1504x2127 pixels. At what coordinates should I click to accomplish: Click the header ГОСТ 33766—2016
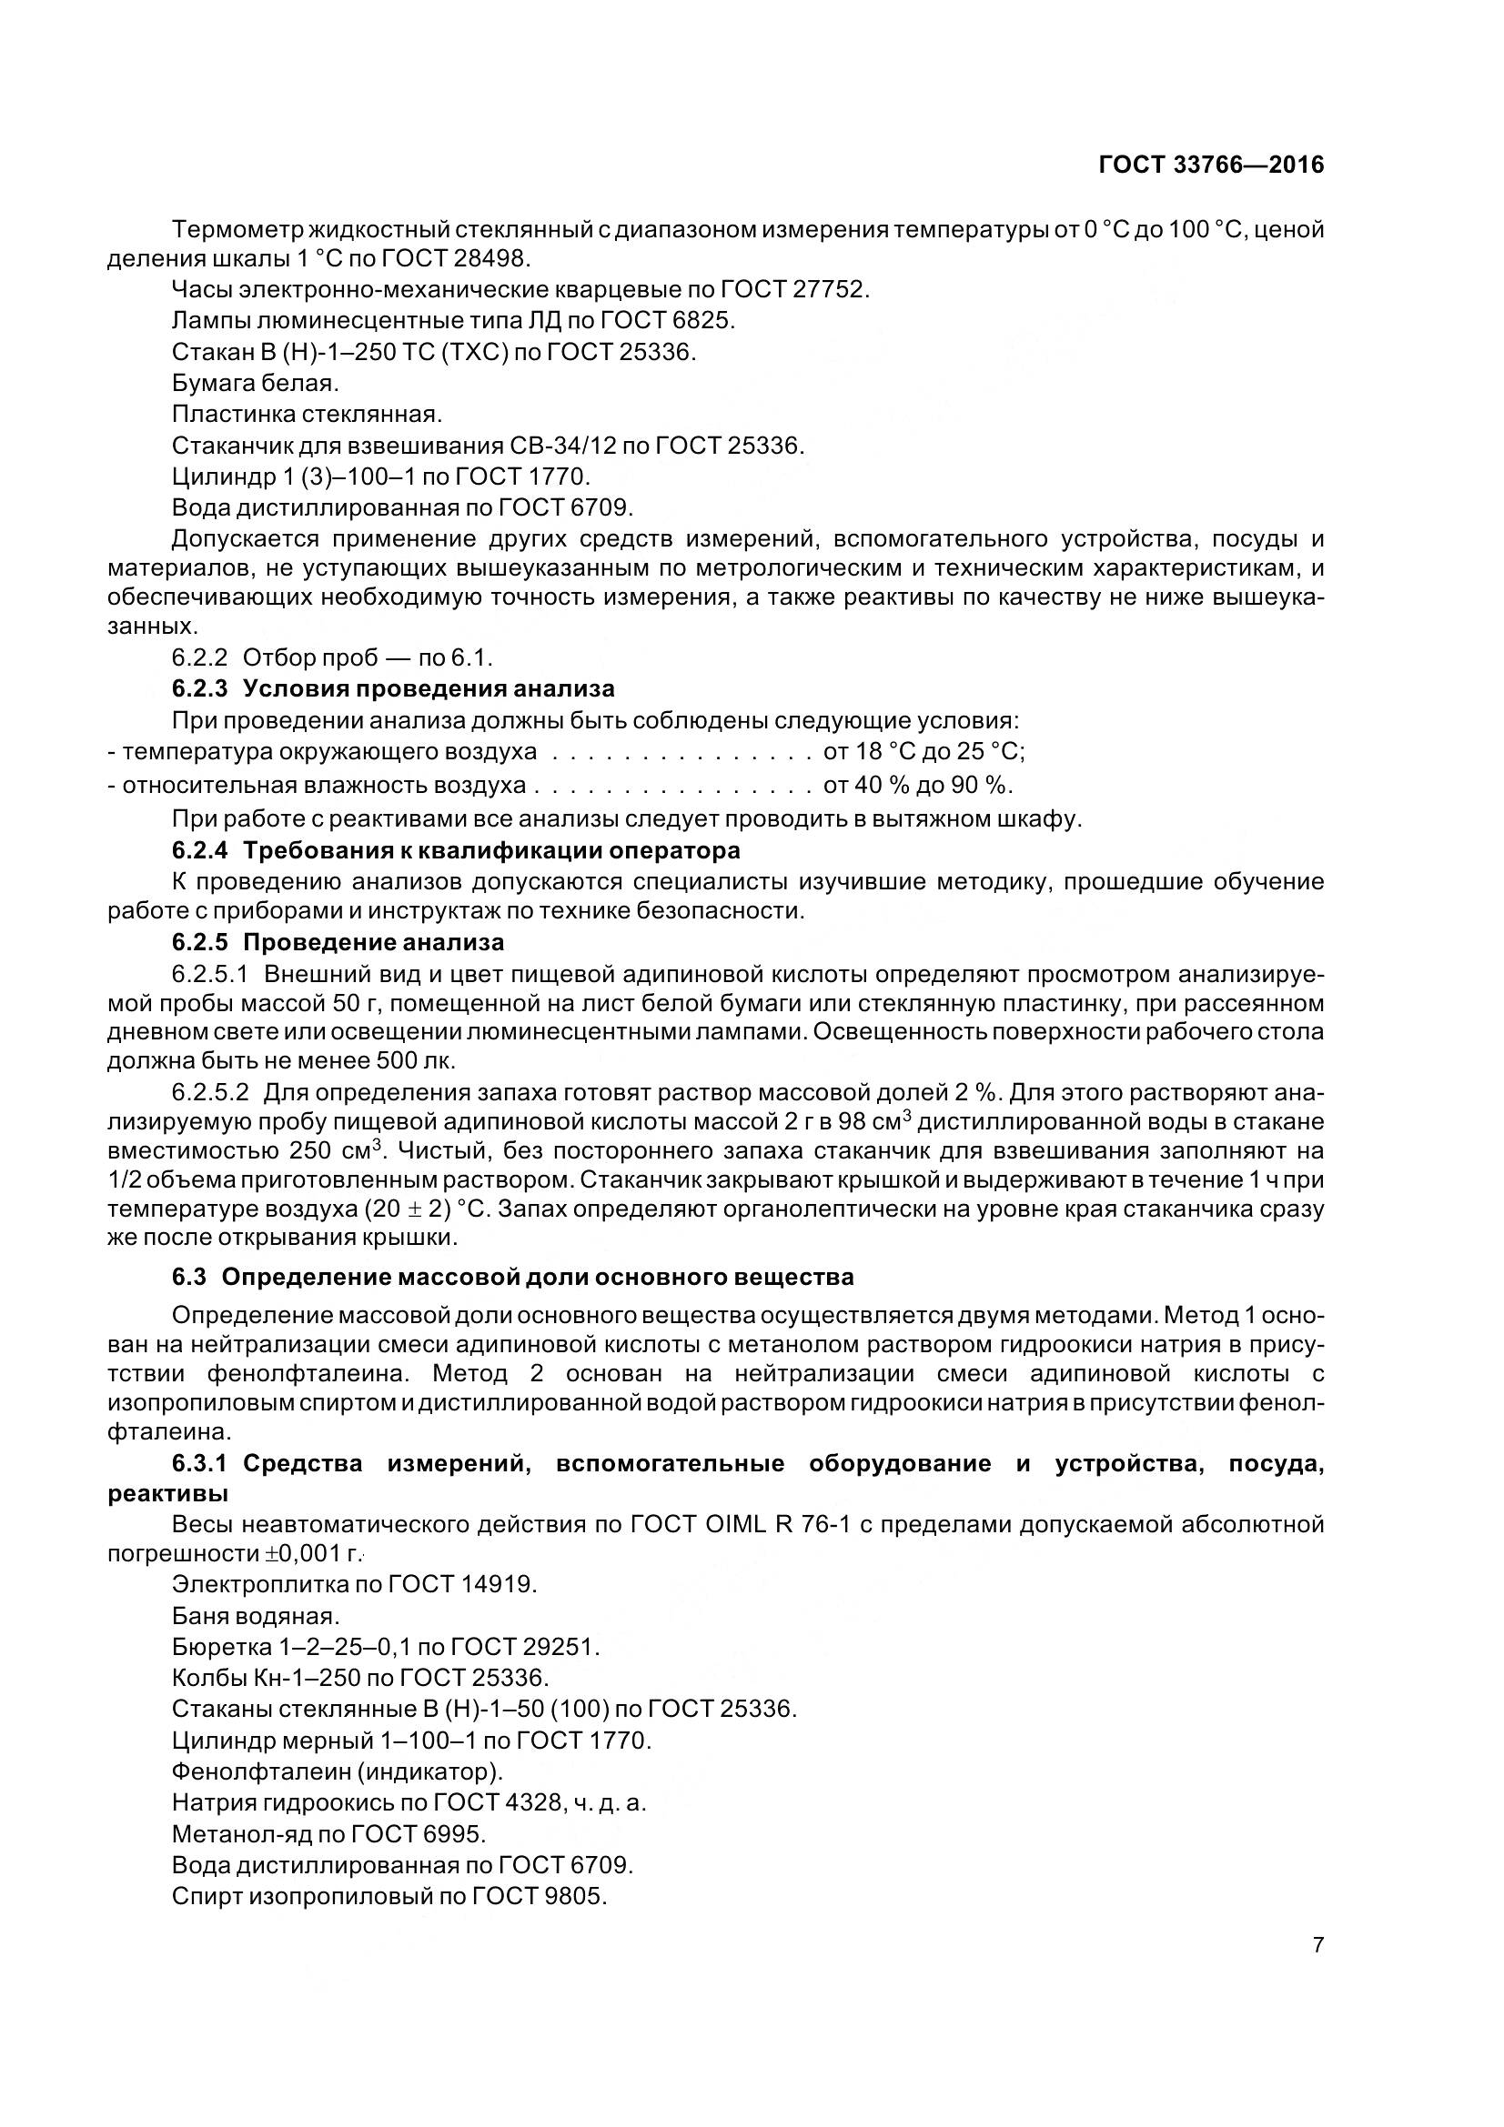tap(1211, 165)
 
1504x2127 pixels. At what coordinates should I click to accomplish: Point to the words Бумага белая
tap(256, 383)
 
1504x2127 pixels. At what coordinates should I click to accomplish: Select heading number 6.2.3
tap(199, 689)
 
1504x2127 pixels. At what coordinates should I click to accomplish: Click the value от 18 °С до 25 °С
tap(923, 751)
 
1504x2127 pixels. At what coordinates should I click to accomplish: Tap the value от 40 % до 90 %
tap(917, 786)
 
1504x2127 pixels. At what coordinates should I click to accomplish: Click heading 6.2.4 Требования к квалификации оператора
tap(456, 850)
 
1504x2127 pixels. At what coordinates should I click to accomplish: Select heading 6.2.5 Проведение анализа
tap(338, 943)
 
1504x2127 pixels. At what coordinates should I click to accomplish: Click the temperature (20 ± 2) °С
tap(424, 1209)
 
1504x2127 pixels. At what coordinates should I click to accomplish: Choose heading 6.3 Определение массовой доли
tap(512, 1278)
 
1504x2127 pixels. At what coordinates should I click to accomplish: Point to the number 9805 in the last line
tap(576, 1896)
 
